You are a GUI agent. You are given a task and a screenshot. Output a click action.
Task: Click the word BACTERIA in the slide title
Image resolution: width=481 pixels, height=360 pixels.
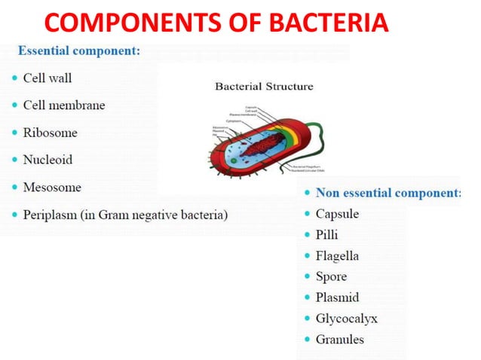[326, 23]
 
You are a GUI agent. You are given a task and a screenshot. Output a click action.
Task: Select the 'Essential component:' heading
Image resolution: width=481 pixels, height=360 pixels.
[78, 51]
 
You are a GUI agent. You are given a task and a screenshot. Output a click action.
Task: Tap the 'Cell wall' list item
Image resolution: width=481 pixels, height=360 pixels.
[47, 78]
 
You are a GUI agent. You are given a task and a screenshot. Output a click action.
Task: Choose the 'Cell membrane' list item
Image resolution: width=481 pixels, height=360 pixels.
[63, 105]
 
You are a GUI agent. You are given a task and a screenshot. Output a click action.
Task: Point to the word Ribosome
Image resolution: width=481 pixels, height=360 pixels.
[50, 133]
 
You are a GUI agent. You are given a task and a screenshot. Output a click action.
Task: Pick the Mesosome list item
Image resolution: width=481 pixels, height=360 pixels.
[52, 187]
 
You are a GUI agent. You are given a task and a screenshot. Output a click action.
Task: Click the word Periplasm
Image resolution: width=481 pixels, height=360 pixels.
[49, 215]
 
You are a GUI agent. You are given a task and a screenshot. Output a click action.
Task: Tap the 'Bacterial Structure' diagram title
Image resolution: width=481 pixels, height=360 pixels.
[264, 86]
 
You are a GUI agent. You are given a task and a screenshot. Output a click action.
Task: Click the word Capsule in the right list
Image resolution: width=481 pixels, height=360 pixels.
[337, 214]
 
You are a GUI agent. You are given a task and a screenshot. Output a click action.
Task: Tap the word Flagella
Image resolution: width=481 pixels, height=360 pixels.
[337, 256]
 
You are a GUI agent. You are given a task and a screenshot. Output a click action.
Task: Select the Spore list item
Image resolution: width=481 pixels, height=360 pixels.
[332, 276]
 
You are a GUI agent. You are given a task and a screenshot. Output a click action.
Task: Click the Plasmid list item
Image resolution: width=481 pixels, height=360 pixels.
[337, 297]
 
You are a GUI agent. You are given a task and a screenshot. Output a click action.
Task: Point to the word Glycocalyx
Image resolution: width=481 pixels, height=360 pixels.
[346, 318]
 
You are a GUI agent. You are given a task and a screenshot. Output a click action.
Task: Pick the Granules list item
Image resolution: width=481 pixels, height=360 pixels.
[339, 339]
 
